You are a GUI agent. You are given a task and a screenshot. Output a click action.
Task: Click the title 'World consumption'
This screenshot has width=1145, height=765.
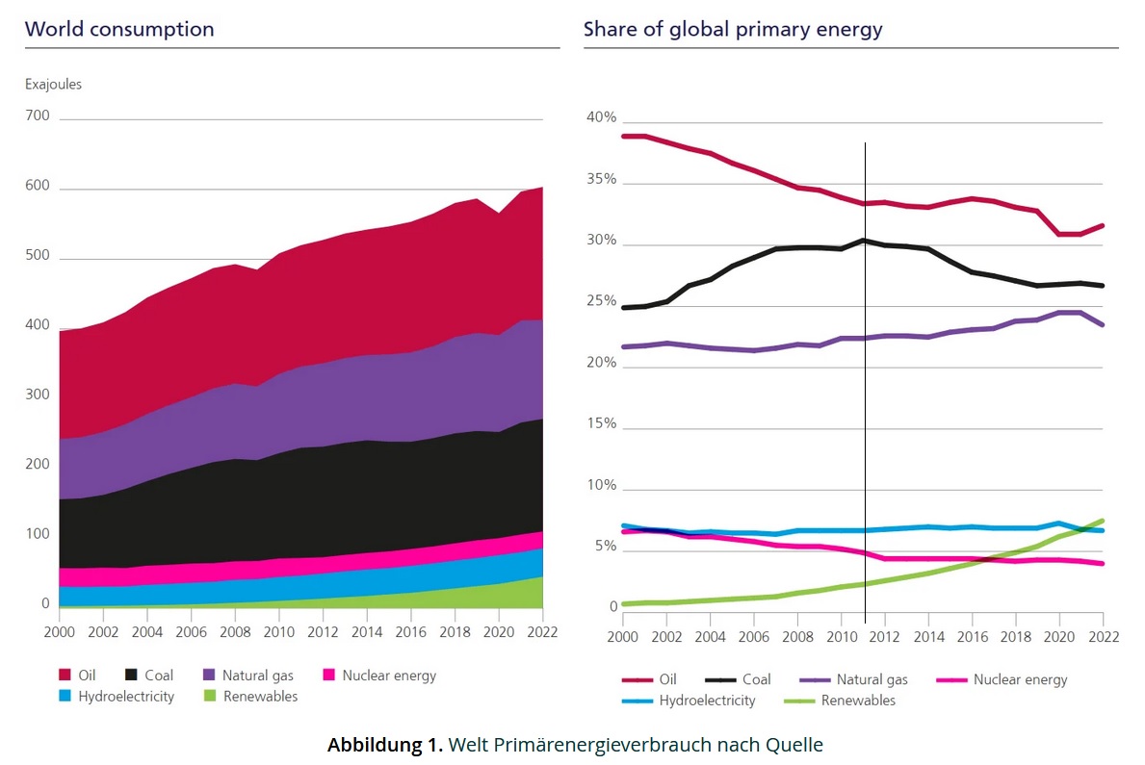point(119,29)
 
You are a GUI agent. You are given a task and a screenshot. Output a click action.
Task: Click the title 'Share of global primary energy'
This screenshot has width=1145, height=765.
point(732,29)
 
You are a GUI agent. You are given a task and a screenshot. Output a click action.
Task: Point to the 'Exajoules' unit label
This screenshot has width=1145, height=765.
point(53,84)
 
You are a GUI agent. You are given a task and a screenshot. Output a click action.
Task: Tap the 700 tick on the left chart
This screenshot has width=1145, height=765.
point(39,116)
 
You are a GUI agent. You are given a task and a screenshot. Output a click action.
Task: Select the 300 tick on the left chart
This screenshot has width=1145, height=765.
point(39,395)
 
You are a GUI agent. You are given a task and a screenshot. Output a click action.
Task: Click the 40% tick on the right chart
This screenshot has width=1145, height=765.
point(601,117)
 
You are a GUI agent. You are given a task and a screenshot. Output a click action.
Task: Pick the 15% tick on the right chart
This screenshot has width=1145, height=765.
point(601,424)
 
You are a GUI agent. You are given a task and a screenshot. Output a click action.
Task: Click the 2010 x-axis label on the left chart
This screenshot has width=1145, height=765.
point(279,633)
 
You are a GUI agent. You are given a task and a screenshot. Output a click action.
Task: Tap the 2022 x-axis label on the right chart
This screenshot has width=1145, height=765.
point(1103,637)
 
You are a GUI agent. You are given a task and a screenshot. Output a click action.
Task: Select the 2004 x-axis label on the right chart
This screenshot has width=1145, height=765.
point(710,637)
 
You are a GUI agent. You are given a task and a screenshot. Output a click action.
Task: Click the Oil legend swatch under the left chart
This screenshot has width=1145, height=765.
point(65,676)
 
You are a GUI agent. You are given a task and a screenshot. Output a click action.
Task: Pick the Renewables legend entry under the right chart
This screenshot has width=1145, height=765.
point(857,701)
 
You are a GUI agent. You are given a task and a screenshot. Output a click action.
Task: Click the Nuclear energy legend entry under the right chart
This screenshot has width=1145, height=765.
point(1020,679)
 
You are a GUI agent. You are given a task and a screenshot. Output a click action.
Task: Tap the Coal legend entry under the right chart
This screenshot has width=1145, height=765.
point(756,679)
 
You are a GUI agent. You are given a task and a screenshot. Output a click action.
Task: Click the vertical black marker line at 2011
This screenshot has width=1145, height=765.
point(865,385)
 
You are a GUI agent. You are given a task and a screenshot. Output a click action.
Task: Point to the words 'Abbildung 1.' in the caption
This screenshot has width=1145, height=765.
point(384,744)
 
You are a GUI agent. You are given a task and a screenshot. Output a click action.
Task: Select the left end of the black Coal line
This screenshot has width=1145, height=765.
point(624,308)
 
